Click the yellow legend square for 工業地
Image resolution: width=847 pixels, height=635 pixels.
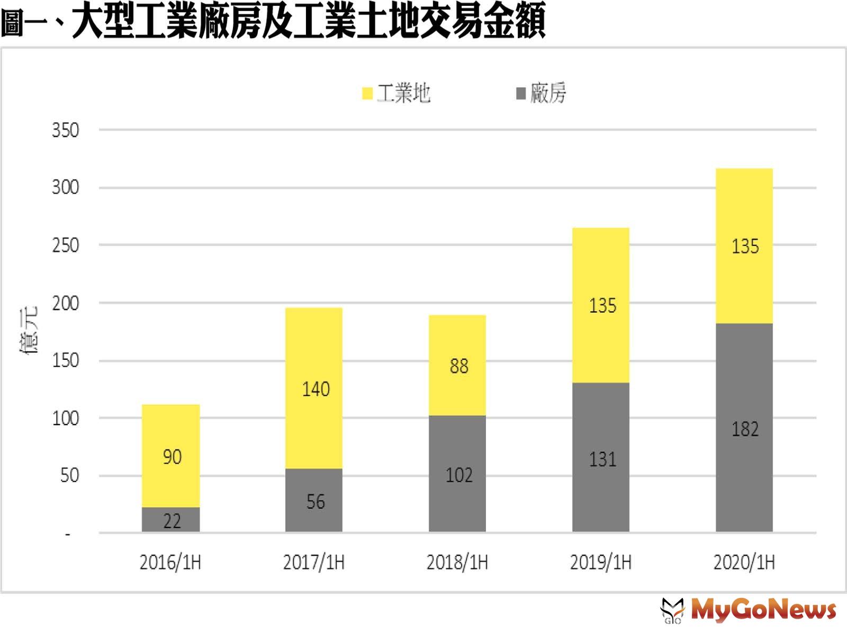click(x=367, y=94)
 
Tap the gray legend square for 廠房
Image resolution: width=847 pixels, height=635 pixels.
click(x=521, y=94)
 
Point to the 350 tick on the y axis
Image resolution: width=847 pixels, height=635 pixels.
click(x=65, y=130)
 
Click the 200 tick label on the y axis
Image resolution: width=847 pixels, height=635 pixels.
click(x=65, y=303)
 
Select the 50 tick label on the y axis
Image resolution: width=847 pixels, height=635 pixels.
click(x=69, y=476)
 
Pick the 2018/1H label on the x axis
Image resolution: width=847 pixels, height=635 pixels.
click(x=457, y=562)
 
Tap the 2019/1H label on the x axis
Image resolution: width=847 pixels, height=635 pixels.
click(x=601, y=562)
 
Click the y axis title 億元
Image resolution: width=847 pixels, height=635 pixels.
click(x=29, y=331)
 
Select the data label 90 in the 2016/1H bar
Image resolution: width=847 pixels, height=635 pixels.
click(x=172, y=457)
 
